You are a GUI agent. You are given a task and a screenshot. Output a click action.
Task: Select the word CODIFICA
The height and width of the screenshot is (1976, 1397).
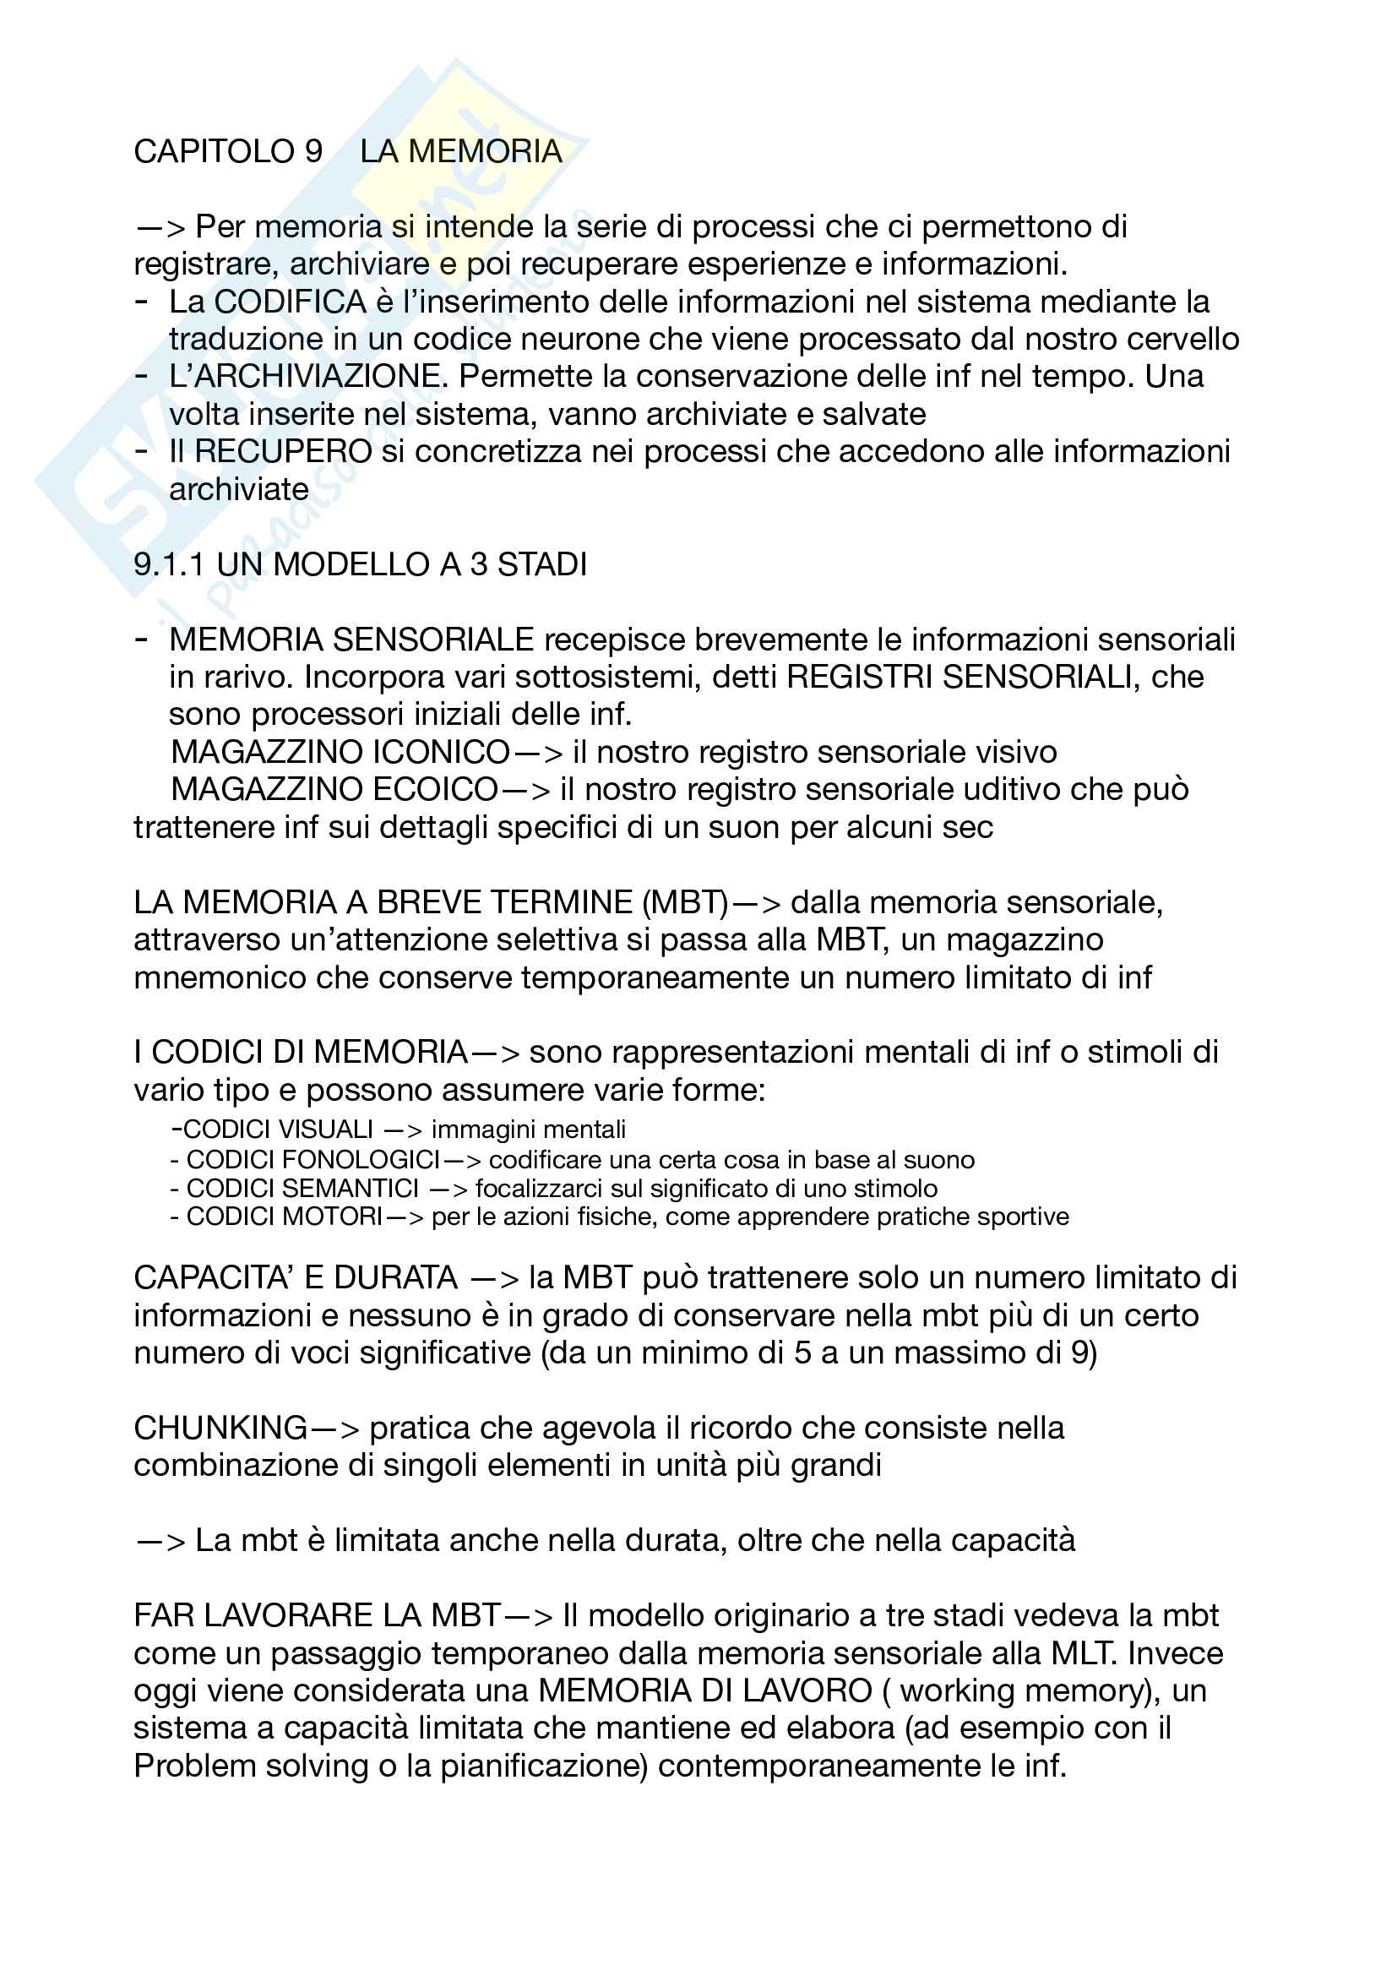[x=291, y=302]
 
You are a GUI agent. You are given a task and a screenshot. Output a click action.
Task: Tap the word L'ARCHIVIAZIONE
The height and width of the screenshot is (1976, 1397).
[x=306, y=377]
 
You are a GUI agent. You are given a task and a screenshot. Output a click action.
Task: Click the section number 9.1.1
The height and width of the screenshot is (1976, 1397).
[x=170, y=564]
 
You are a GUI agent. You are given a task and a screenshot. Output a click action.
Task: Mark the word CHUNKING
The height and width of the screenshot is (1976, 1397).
[x=220, y=1429]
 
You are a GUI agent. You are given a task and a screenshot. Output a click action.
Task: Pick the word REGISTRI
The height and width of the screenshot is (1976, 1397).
[x=859, y=678]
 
